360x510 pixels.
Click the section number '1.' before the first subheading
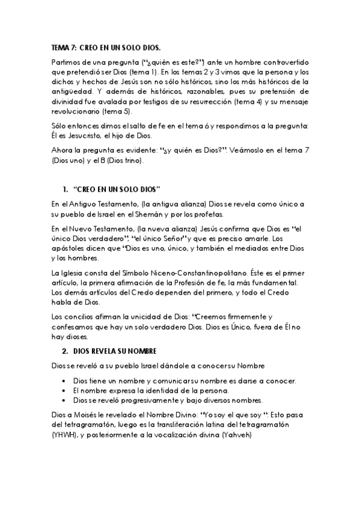(66, 189)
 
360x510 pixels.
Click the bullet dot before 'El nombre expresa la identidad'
(64, 391)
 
